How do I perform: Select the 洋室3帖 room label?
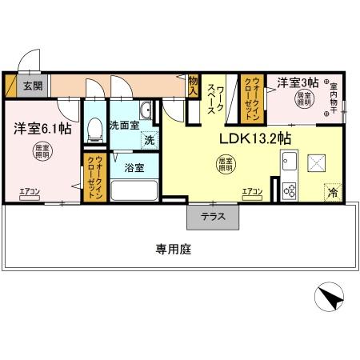click(298, 82)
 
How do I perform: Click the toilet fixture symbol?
click(94, 126)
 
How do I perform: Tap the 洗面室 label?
click(124, 125)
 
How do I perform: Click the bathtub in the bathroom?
click(134, 191)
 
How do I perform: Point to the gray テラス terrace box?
click(212, 217)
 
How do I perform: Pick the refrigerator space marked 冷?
click(331, 193)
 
